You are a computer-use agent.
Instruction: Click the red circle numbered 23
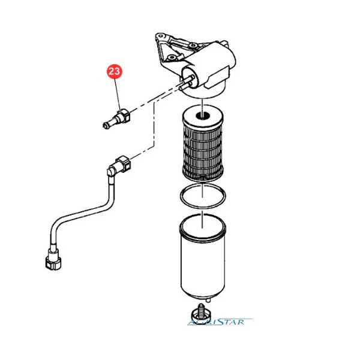(115, 71)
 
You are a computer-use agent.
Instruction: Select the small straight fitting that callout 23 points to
(116, 119)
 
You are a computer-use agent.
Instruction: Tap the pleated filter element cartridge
(203, 143)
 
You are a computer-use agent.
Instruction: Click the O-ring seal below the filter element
(203, 196)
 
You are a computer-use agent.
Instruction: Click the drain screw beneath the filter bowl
(201, 312)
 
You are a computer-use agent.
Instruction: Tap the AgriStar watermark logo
(220, 322)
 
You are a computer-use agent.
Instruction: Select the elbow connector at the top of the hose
(119, 166)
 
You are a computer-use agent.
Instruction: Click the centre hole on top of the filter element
(202, 115)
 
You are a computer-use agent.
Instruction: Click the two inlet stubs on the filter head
(186, 83)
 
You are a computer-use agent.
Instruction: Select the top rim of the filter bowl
(203, 226)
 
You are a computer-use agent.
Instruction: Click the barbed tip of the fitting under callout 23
(106, 125)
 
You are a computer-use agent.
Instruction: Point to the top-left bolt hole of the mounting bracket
(160, 36)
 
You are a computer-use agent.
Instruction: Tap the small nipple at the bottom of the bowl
(208, 300)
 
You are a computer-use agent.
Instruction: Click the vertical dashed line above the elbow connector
(154, 125)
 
